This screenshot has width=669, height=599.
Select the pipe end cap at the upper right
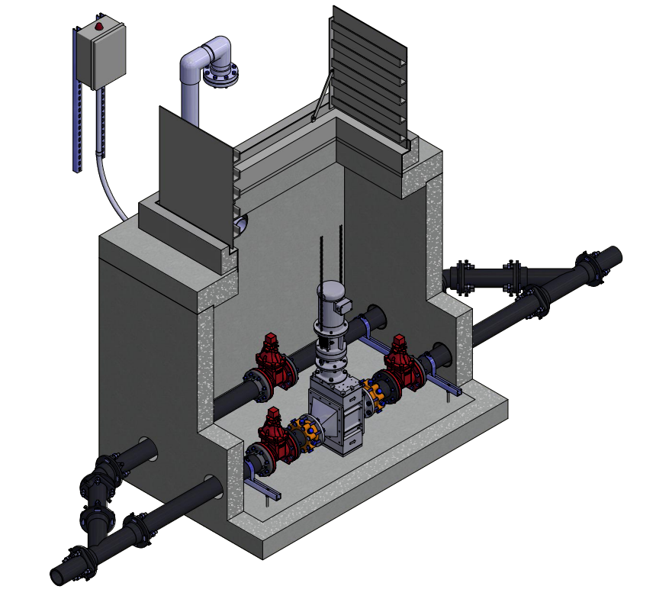click(614, 256)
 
